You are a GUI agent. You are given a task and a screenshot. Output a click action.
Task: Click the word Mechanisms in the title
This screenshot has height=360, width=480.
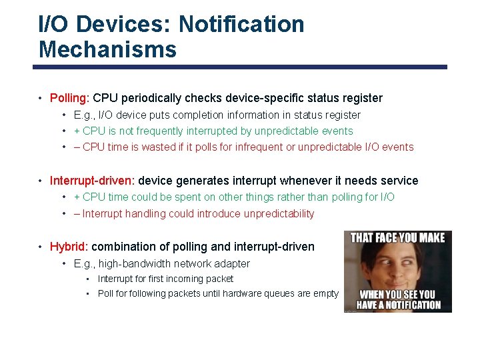click(107, 49)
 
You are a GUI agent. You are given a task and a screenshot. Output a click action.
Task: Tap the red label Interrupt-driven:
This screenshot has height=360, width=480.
click(92, 181)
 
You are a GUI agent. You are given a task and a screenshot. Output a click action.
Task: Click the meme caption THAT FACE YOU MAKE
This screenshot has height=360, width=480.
click(397, 237)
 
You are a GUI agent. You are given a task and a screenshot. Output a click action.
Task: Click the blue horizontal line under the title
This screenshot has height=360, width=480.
click(240, 67)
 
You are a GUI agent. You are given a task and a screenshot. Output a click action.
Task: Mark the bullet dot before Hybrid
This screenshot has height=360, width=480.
click(41, 247)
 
